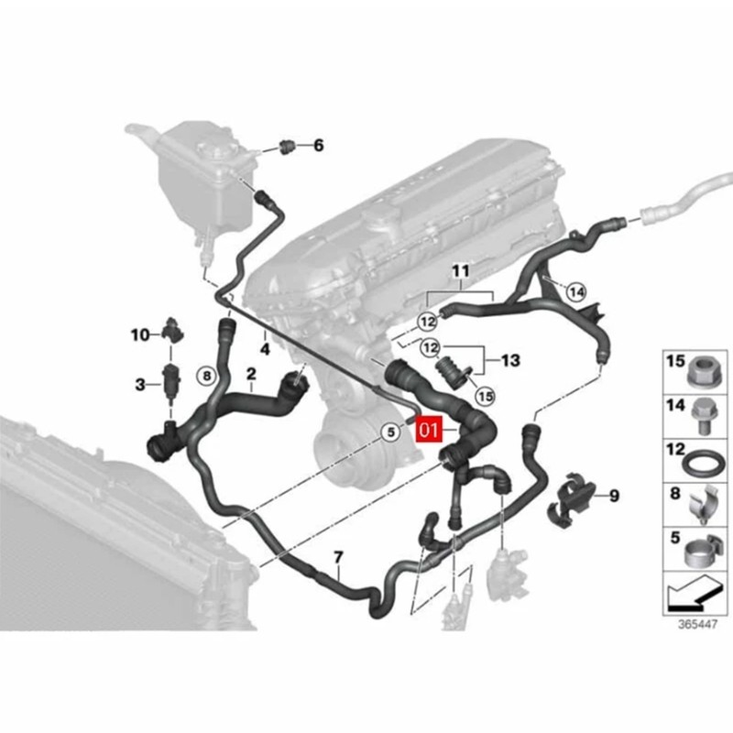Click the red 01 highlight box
[x=429, y=430]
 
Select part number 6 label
[x=318, y=146]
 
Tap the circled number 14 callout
[x=576, y=292]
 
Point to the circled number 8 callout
[x=207, y=376]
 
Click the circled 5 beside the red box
[x=391, y=432]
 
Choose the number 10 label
[x=140, y=334]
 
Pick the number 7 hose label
[x=338, y=557]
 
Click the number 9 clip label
[x=614, y=496]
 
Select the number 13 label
[x=510, y=360]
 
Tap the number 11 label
[x=461, y=270]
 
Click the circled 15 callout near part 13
[x=486, y=397]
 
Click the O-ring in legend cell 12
[x=703, y=465]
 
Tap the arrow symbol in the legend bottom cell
[x=695, y=594]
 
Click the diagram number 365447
[x=697, y=625]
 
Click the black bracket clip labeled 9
[x=571, y=498]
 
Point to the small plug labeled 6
[x=288, y=146]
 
